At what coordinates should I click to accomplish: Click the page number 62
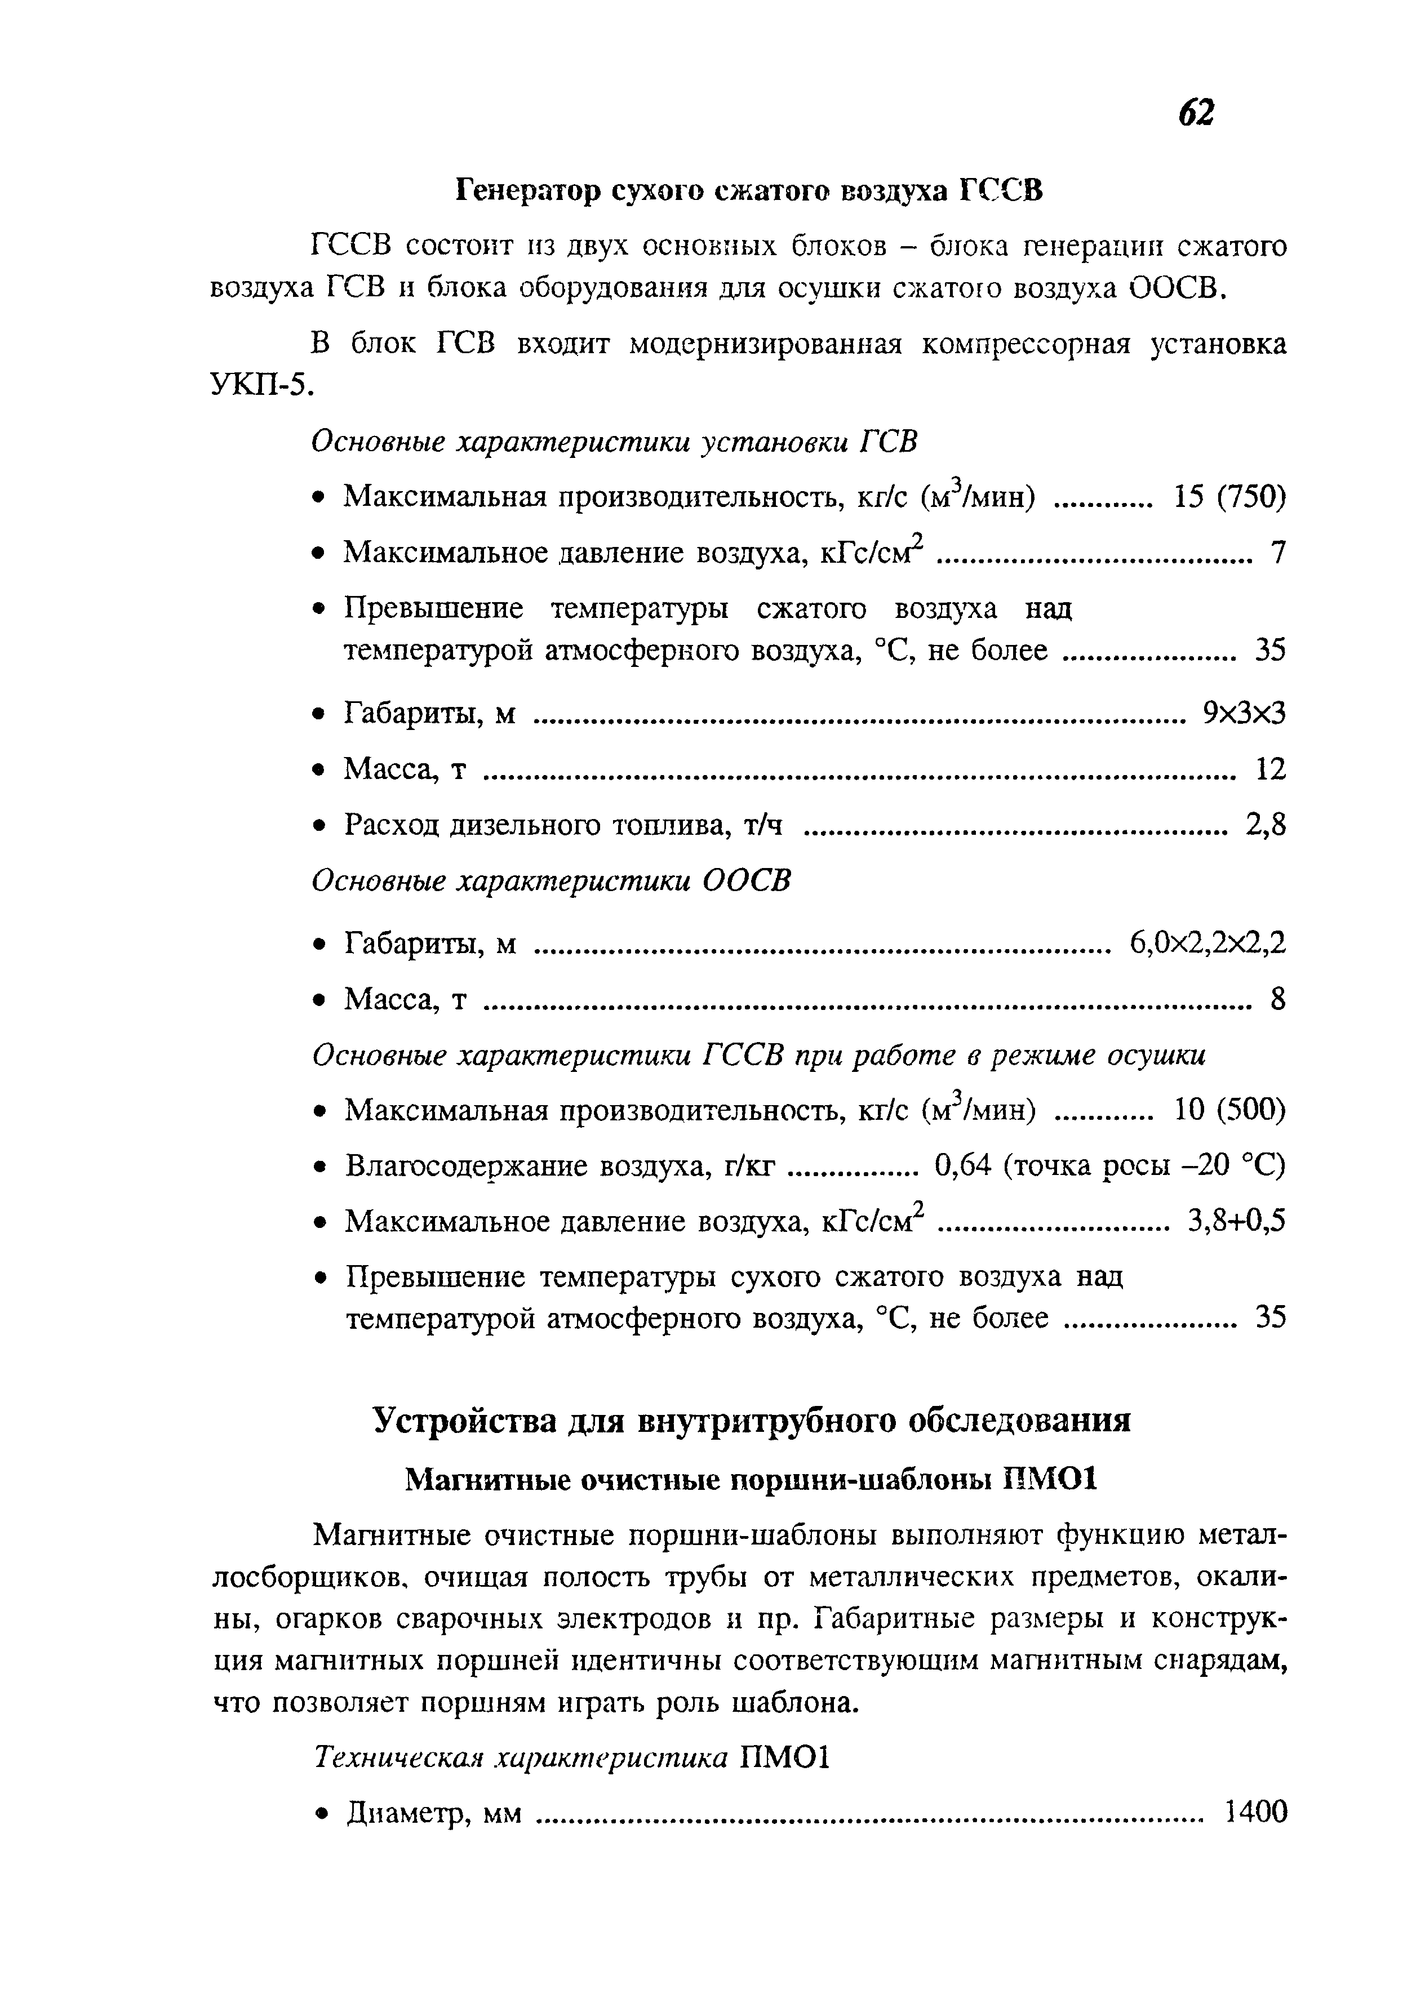1195,112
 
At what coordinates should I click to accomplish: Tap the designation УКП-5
261,385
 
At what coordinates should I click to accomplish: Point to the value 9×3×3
1244,713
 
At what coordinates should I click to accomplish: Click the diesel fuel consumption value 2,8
1266,825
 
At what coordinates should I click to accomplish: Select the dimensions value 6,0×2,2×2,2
1208,943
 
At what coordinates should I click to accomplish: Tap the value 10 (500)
1229,1111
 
